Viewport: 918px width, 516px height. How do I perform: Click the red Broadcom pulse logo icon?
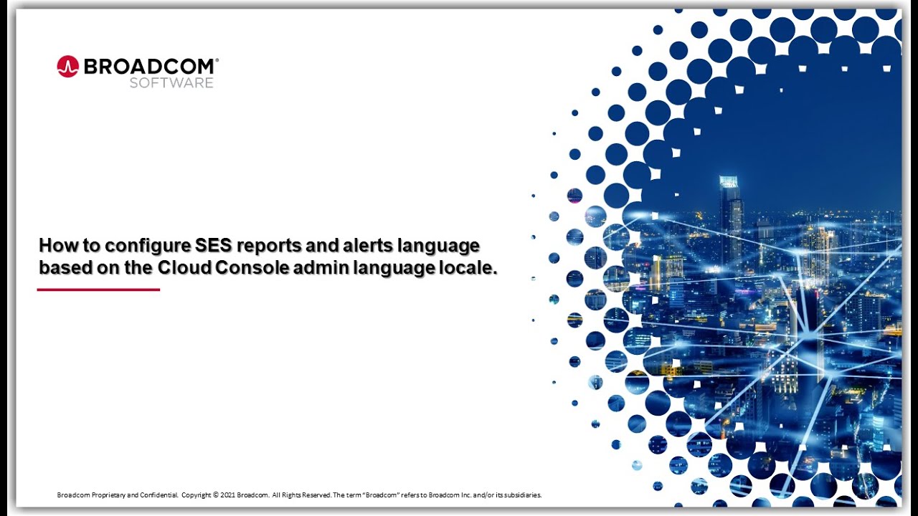pyautogui.click(x=67, y=67)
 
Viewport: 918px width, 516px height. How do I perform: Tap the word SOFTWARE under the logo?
pyautogui.click(x=171, y=83)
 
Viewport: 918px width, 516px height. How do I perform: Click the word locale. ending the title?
pyautogui.click(x=470, y=269)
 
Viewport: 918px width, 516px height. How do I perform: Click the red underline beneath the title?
pyautogui.click(x=98, y=290)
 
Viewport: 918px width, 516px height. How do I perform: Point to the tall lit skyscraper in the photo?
pyautogui.click(x=731, y=215)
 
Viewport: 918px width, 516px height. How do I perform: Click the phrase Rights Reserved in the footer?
pyautogui.click(x=306, y=495)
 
